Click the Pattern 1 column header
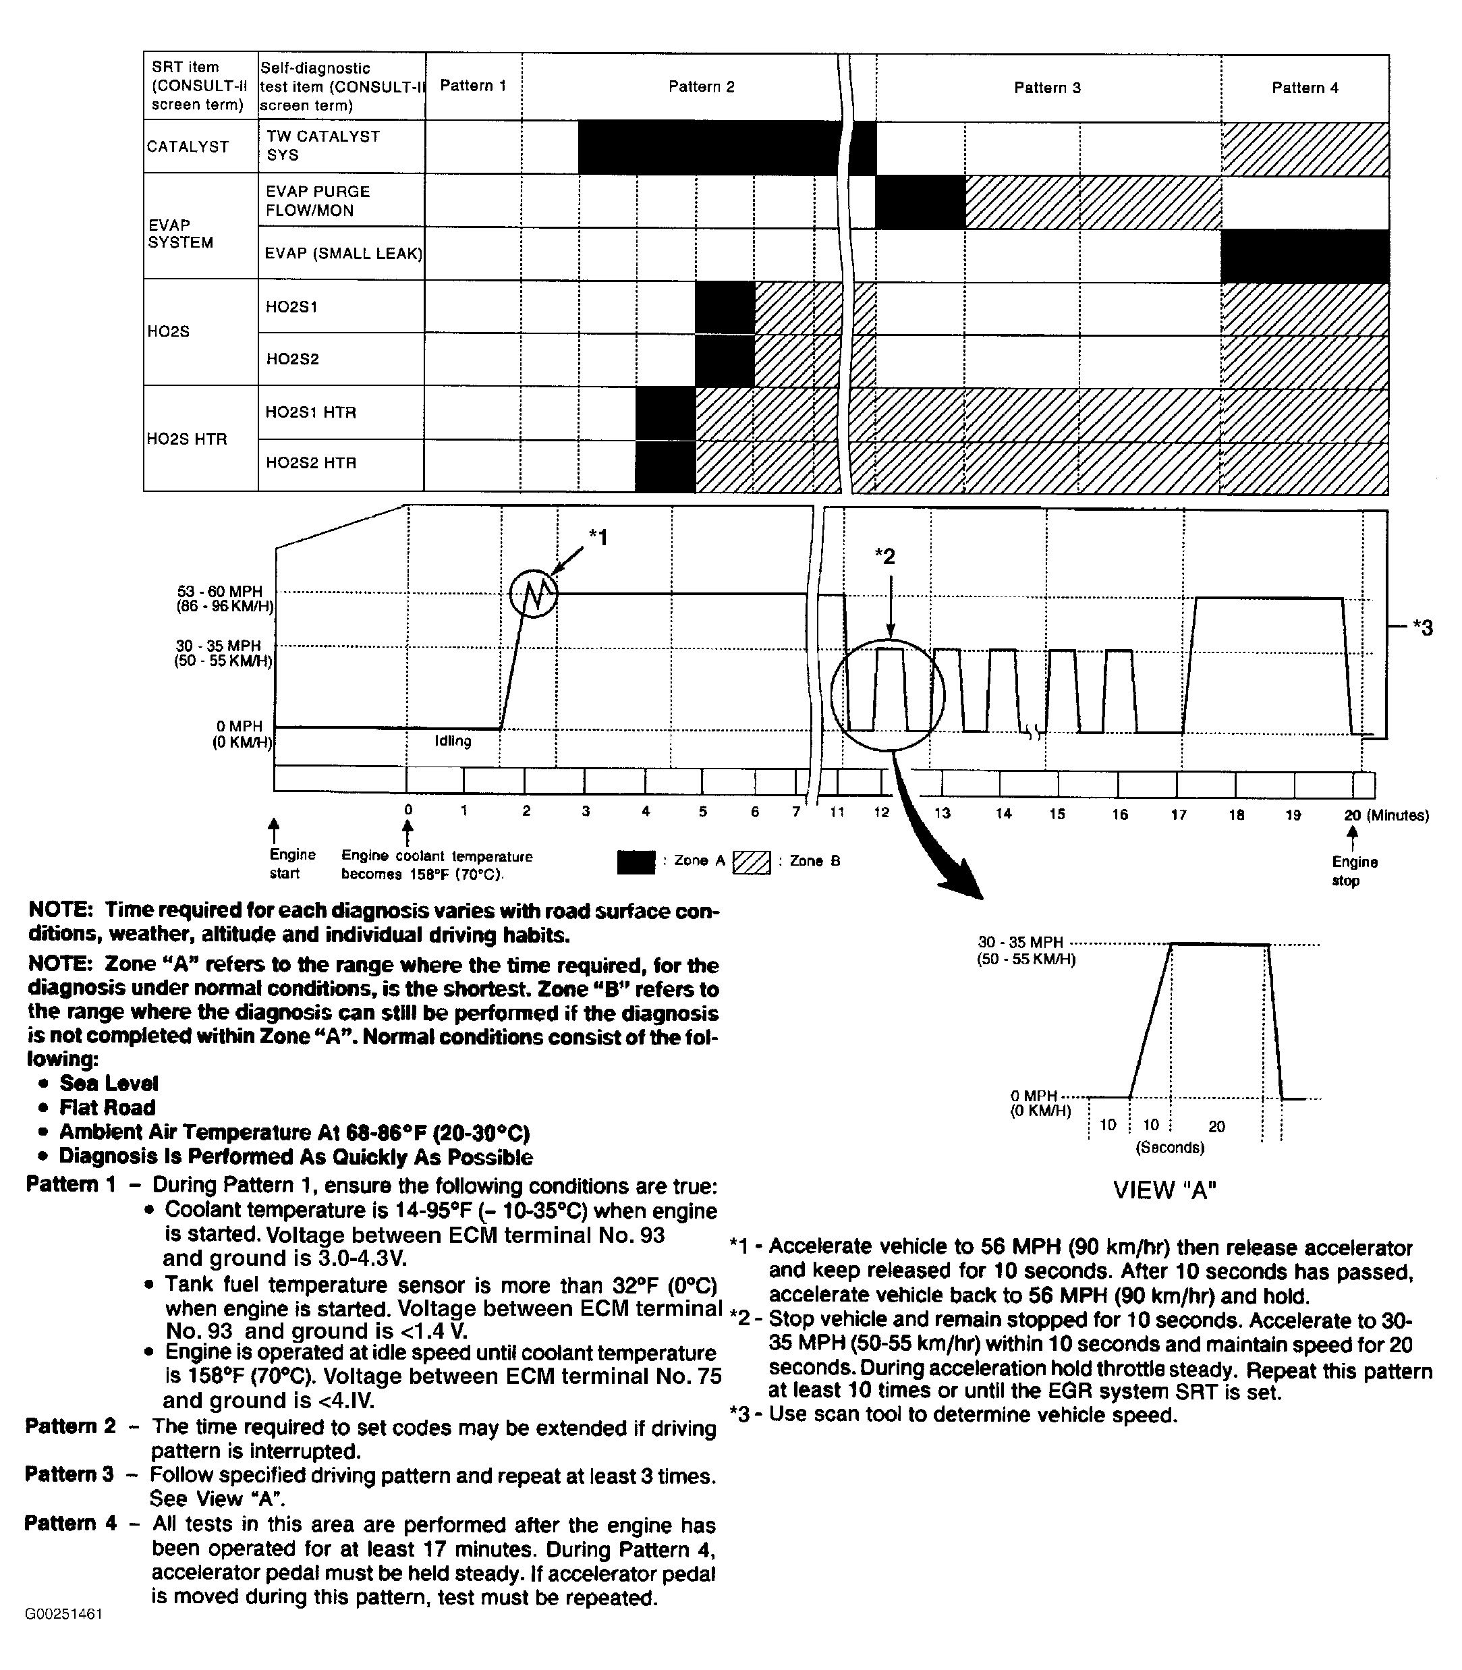coord(473,86)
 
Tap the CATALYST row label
coord(188,147)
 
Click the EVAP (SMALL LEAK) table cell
coord(343,254)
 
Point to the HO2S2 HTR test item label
coord(311,464)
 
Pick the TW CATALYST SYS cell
coord(323,145)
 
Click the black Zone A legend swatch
coord(636,862)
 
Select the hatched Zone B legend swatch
coord(752,862)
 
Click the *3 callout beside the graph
coord(1422,628)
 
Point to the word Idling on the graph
coord(453,741)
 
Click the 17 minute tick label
coord(1178,814)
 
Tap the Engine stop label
coord(1354,871)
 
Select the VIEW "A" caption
coord(1165,1190)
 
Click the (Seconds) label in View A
coord(1170,1148)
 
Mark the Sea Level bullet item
coord(109,1084)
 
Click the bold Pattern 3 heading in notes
coord(69,1474)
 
